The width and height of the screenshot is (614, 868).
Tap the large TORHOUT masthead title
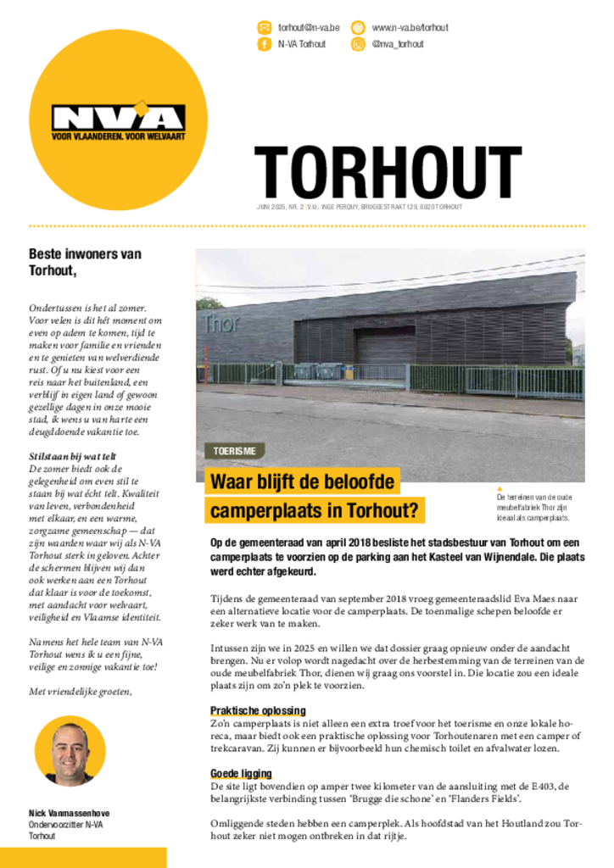coord(388,173)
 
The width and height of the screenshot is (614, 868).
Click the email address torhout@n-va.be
coord(309,28)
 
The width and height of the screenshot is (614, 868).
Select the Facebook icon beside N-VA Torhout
coord(265,44)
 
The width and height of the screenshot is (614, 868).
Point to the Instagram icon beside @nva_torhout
coord(358,44)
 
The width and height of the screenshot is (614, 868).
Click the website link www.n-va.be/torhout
coord(410,28)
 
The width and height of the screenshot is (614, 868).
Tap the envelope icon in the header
coord(265,28)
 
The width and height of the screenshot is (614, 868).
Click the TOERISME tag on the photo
coord(234,452)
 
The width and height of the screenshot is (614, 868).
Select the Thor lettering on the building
coord(220,323)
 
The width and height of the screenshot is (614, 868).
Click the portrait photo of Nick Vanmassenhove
coord(70,751)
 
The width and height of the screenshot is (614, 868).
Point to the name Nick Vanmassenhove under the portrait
coord(69,813)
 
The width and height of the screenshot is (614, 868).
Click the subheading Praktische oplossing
coord(258,710)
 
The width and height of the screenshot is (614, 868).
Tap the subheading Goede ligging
coord(241,773)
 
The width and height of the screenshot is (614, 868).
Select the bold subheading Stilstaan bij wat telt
coord(73,456)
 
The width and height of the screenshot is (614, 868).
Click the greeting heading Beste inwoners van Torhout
coord(85,262)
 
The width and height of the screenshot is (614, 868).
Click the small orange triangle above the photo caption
coord(500,488)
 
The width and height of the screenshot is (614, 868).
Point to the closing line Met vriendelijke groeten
coord(81,691)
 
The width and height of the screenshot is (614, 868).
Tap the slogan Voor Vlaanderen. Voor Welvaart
coord(118,136)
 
